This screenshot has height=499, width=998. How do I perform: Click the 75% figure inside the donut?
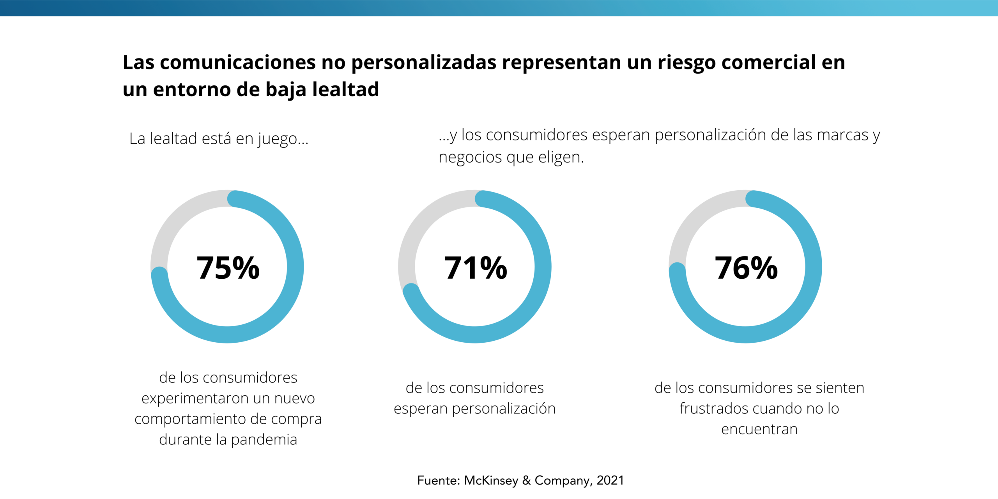tap(228, 268)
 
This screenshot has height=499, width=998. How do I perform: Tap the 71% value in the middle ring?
tap(476, 268)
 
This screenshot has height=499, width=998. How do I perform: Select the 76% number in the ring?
tap(746, 268)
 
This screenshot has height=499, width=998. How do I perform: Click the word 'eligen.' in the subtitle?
tap(561, 157)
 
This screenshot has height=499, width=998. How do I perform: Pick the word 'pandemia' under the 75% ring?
tap(264, 440)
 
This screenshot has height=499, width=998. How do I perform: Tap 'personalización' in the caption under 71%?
tap(504, 409)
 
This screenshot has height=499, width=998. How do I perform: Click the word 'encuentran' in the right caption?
tap(759, 429)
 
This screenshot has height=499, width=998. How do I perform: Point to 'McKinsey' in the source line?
tap(491, 480)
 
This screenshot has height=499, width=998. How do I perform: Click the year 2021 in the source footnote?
tap(610, 480)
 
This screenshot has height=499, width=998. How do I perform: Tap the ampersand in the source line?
tap(526, 480)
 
